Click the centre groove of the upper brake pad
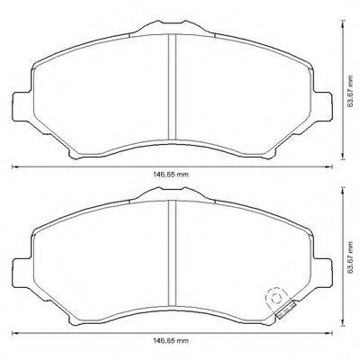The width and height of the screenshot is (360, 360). (172, 89)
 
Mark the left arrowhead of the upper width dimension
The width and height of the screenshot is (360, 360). (13, 167)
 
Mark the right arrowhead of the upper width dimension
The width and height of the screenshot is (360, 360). (332, 167)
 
